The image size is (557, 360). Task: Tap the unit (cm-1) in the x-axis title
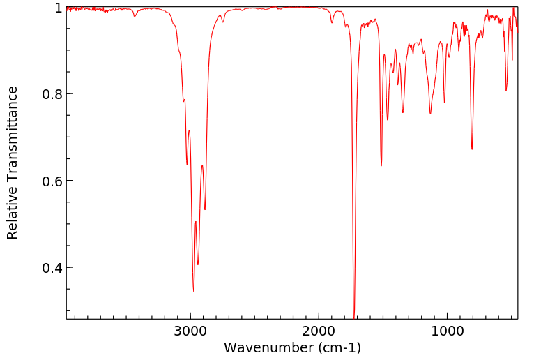339,347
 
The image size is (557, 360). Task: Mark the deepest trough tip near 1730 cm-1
354,317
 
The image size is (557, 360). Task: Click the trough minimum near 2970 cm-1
194,291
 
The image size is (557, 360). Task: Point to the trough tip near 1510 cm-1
381,166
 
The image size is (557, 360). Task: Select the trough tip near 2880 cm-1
205,209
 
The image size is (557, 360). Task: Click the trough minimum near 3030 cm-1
187,165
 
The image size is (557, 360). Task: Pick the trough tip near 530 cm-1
506,91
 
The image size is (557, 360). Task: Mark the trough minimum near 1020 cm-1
444,103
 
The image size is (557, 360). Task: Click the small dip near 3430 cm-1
135,16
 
